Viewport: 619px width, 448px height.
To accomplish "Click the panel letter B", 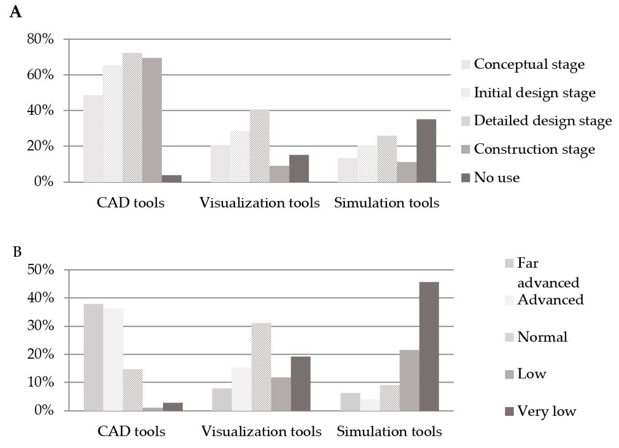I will [x=17, y=252].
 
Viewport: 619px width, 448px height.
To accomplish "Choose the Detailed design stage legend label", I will [x=543, y=121].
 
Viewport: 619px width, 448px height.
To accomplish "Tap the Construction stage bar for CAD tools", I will [x=152, y=120].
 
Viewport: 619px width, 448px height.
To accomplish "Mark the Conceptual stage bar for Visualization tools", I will [x=220, y=164].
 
